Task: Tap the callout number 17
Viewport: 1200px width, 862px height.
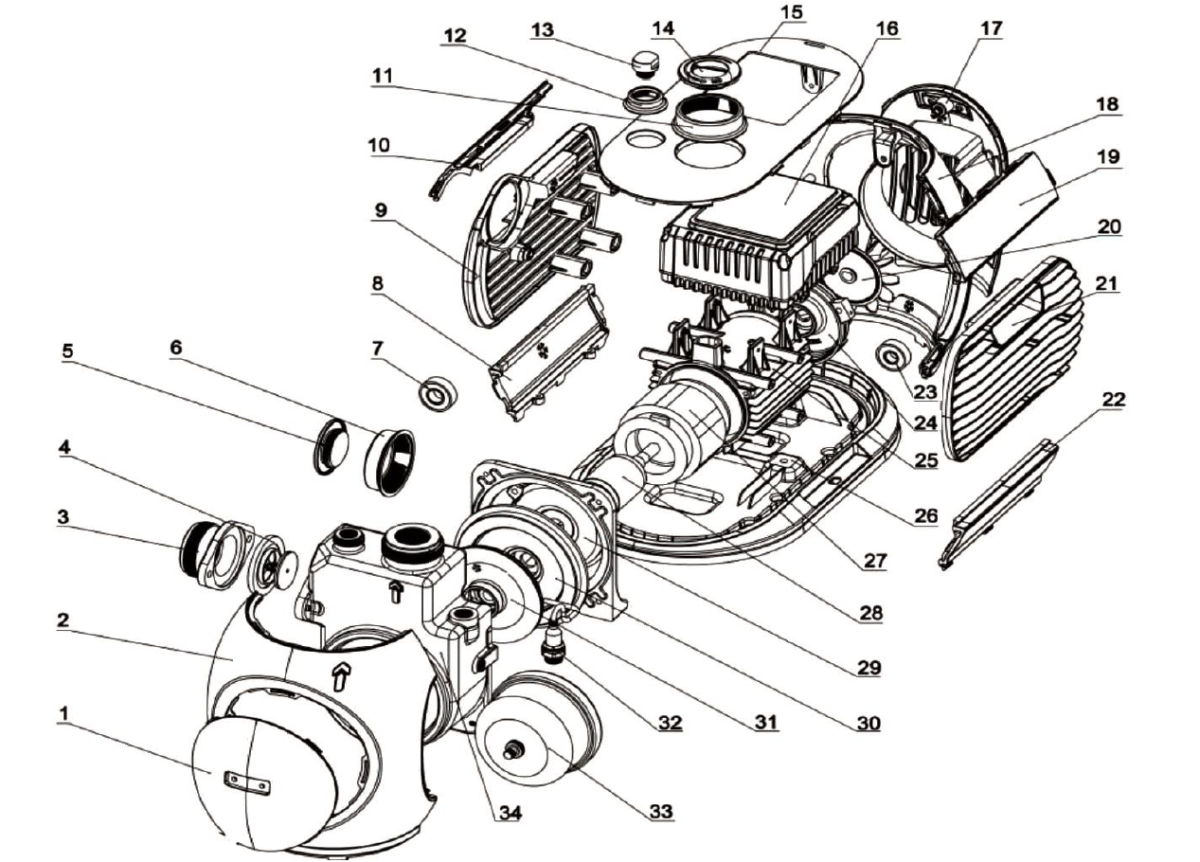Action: point(991,28)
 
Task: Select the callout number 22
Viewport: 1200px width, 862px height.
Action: point(1113,399)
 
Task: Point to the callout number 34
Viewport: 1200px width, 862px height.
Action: point(510,812)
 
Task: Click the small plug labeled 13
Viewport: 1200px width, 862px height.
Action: point(645,63)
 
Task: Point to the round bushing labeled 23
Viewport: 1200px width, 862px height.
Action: point(893,358)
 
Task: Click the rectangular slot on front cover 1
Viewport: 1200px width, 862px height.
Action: point(246,781)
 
